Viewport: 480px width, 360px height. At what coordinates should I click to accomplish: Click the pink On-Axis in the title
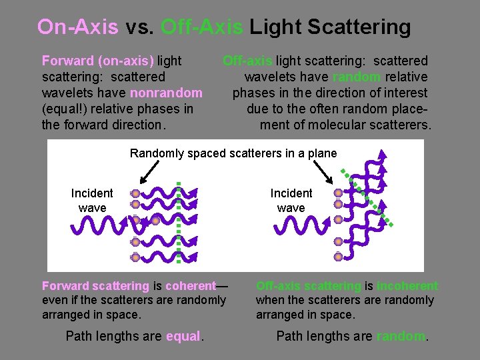(77, 27)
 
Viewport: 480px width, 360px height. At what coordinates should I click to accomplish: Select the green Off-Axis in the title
(203, 27)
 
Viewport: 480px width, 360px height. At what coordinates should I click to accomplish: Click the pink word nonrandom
(167, 93)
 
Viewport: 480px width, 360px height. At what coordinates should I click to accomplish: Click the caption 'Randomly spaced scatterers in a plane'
(233, 153)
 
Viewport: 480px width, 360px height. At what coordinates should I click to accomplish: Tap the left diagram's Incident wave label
(92, 200)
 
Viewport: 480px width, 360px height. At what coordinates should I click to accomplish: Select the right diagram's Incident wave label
(291, 200)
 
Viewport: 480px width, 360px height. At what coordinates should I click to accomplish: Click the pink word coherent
(191, 286)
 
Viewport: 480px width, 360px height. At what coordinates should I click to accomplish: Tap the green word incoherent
(407, 286)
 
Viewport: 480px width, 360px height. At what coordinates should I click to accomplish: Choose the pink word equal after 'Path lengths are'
(183, 337)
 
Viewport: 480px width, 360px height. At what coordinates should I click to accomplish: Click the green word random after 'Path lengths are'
(401, 337)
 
